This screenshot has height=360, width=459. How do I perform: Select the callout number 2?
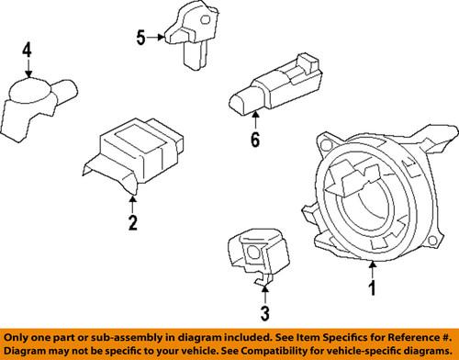point(132,222)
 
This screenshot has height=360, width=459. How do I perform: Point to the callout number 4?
point(28,51)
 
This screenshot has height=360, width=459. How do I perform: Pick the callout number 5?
point(140,38)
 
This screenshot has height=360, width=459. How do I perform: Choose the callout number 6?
point(254,141)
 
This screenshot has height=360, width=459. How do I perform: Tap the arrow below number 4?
point(28,71)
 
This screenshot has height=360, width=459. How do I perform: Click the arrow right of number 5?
point(157,38)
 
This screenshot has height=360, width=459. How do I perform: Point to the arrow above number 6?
point(254,120)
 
